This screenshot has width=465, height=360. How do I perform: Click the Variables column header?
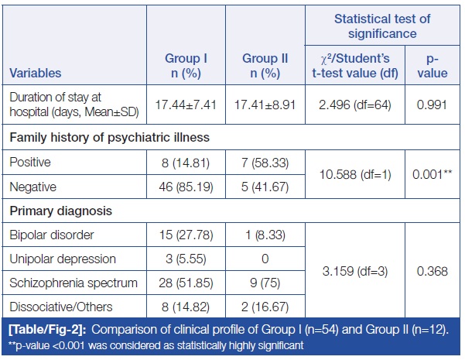coord(36,74)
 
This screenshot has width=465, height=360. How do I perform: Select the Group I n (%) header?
coord(186,66)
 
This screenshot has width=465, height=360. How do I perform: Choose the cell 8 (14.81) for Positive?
coord(186,162)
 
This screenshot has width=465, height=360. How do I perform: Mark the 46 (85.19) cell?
coord(186,186)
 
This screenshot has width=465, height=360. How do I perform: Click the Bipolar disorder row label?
coord(51,234)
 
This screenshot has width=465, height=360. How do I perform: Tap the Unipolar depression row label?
coord(61,258)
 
